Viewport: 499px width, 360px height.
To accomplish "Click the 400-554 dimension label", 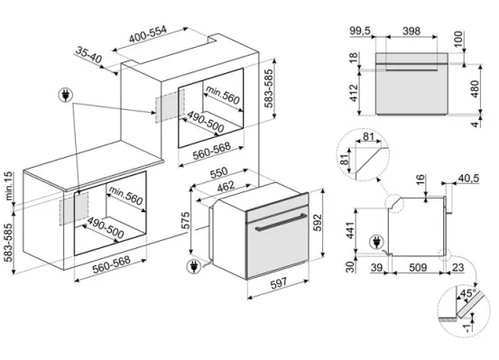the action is point(148,34).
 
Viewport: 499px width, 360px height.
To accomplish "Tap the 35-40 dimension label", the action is point(89,55).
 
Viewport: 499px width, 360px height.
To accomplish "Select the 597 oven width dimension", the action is point(279,283).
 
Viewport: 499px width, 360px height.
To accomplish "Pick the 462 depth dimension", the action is point(226,187).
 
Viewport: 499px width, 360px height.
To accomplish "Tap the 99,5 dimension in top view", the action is point(360,31).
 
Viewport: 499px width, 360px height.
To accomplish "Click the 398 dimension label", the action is point(411,31).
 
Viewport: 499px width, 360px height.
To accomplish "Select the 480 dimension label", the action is point(474,89).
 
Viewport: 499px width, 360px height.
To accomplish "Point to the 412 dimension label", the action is point(354,93).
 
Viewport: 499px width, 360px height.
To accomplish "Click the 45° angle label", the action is point(468,293).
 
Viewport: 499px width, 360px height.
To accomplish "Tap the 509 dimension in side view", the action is point(418,267).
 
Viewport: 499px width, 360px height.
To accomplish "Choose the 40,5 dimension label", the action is point(468,179).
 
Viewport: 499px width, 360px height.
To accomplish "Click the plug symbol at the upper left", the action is point(66,95).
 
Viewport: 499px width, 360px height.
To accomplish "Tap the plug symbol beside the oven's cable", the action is point(193,267).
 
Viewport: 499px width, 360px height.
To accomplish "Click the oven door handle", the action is point(280,223).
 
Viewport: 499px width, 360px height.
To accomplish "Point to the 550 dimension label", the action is point(219,172).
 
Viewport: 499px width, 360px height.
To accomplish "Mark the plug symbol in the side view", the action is point(376,243).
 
